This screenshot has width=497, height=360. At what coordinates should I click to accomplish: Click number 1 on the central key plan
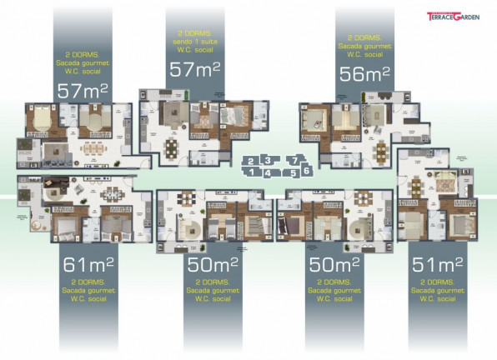[x=250, y=171]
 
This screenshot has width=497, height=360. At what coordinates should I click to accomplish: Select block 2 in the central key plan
[x=250, y=161]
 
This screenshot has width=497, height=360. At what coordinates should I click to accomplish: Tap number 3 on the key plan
[x=268, y=158]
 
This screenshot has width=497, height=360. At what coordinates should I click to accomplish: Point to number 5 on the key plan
[x=293, y=172]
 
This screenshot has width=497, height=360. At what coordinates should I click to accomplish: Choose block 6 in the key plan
[x=307, y=169]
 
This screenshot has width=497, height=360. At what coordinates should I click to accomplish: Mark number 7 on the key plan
[x=293, y=159]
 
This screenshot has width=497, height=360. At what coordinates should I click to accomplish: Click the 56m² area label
[x=365, y=74]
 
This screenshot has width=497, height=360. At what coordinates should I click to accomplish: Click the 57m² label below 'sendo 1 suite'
[x=195, y=70]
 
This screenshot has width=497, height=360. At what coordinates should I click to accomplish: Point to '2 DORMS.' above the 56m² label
[x=364, y=37]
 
